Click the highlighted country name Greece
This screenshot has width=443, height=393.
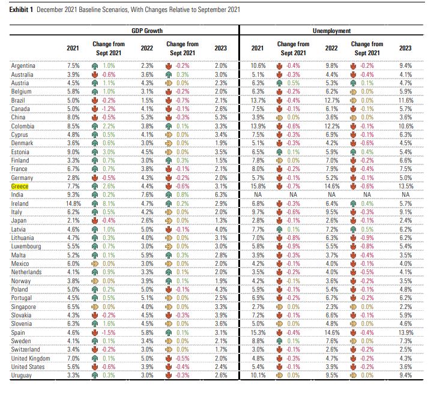click(x=20, y=187)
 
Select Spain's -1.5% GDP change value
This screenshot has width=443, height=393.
click(x=109, y=332)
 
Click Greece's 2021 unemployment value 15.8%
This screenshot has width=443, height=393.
click(x=257, y=187)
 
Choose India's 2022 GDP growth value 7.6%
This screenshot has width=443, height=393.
click(x=146, y=194)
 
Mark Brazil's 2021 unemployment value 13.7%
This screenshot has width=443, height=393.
click(x=257, y=101)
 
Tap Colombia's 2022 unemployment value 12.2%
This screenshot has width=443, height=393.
click(x=331, y=127)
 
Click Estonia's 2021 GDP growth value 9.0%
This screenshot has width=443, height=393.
click(x=73, y=152)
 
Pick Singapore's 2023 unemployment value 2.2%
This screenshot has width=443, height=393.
click(x=405, y=307)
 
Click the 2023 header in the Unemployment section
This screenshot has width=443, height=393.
click(x=405, y=47)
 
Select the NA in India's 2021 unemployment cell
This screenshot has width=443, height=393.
click(x=257, y=194)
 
